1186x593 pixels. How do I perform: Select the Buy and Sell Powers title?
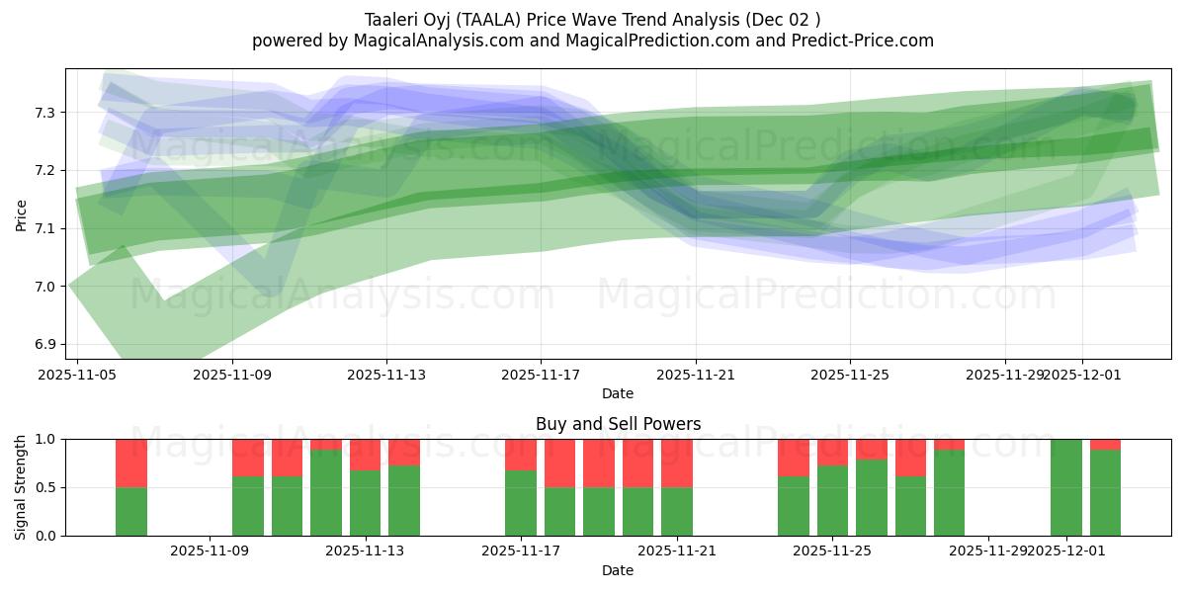pyautogui.click(x=618, y=424)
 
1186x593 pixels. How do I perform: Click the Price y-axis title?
pyautogui.click(x=21, y=213)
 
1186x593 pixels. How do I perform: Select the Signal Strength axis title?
pyautogui.click(x=21, y=487)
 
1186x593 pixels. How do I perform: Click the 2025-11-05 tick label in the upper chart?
pyautogui.click(x=78, y=376)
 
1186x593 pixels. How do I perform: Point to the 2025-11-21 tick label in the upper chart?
pyautogui.click(x=696, y=376)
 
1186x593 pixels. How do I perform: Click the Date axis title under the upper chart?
pyautogui.click(x=618, y=393)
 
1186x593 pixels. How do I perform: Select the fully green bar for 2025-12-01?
pyautogui.click(x=1066, y=487)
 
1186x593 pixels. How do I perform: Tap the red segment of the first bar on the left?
pyautogui.click(x=131, y=463)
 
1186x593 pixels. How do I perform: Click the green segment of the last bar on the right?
pyautogui.click(x=1105, y=494)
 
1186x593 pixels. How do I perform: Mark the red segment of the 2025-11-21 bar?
pyautogui.click(x=677, y=463)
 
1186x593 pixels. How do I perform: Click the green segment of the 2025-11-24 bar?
pyautogui.click(x=794, y=506)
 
